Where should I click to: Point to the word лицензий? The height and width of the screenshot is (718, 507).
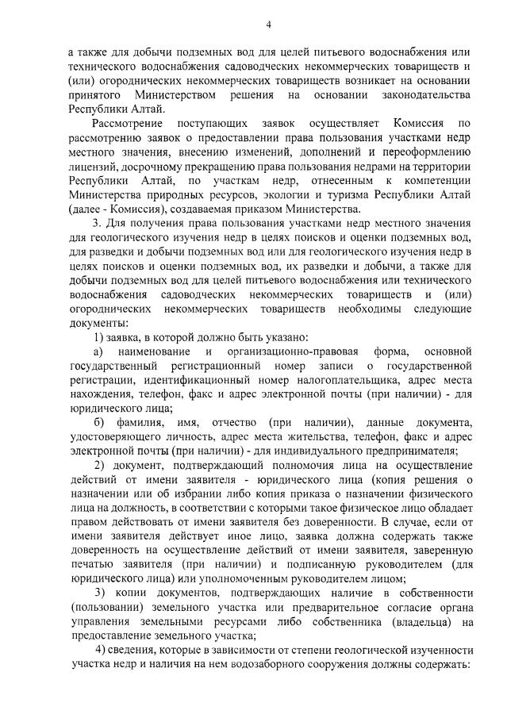92,166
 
